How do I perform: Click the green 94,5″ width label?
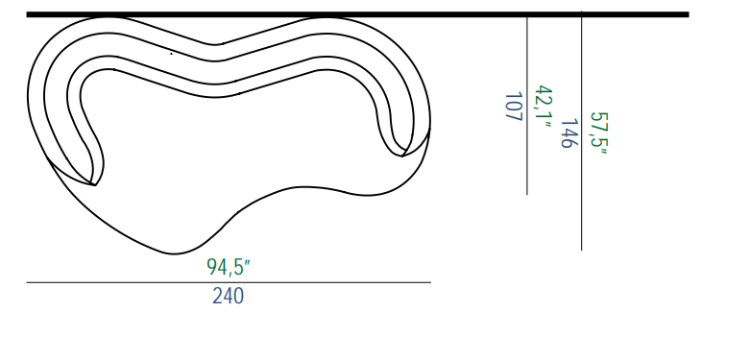[229, 267]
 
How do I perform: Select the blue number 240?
[229, 297]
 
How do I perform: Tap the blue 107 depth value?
[513, 107]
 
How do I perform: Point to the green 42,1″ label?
[544, 107]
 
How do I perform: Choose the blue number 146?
[568, 133]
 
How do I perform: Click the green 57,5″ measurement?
[598, 133]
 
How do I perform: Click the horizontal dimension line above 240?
[229, 282]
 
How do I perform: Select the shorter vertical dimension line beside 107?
[527, 106]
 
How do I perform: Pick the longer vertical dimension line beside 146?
[582, 130]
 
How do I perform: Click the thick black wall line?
[358, 14]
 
